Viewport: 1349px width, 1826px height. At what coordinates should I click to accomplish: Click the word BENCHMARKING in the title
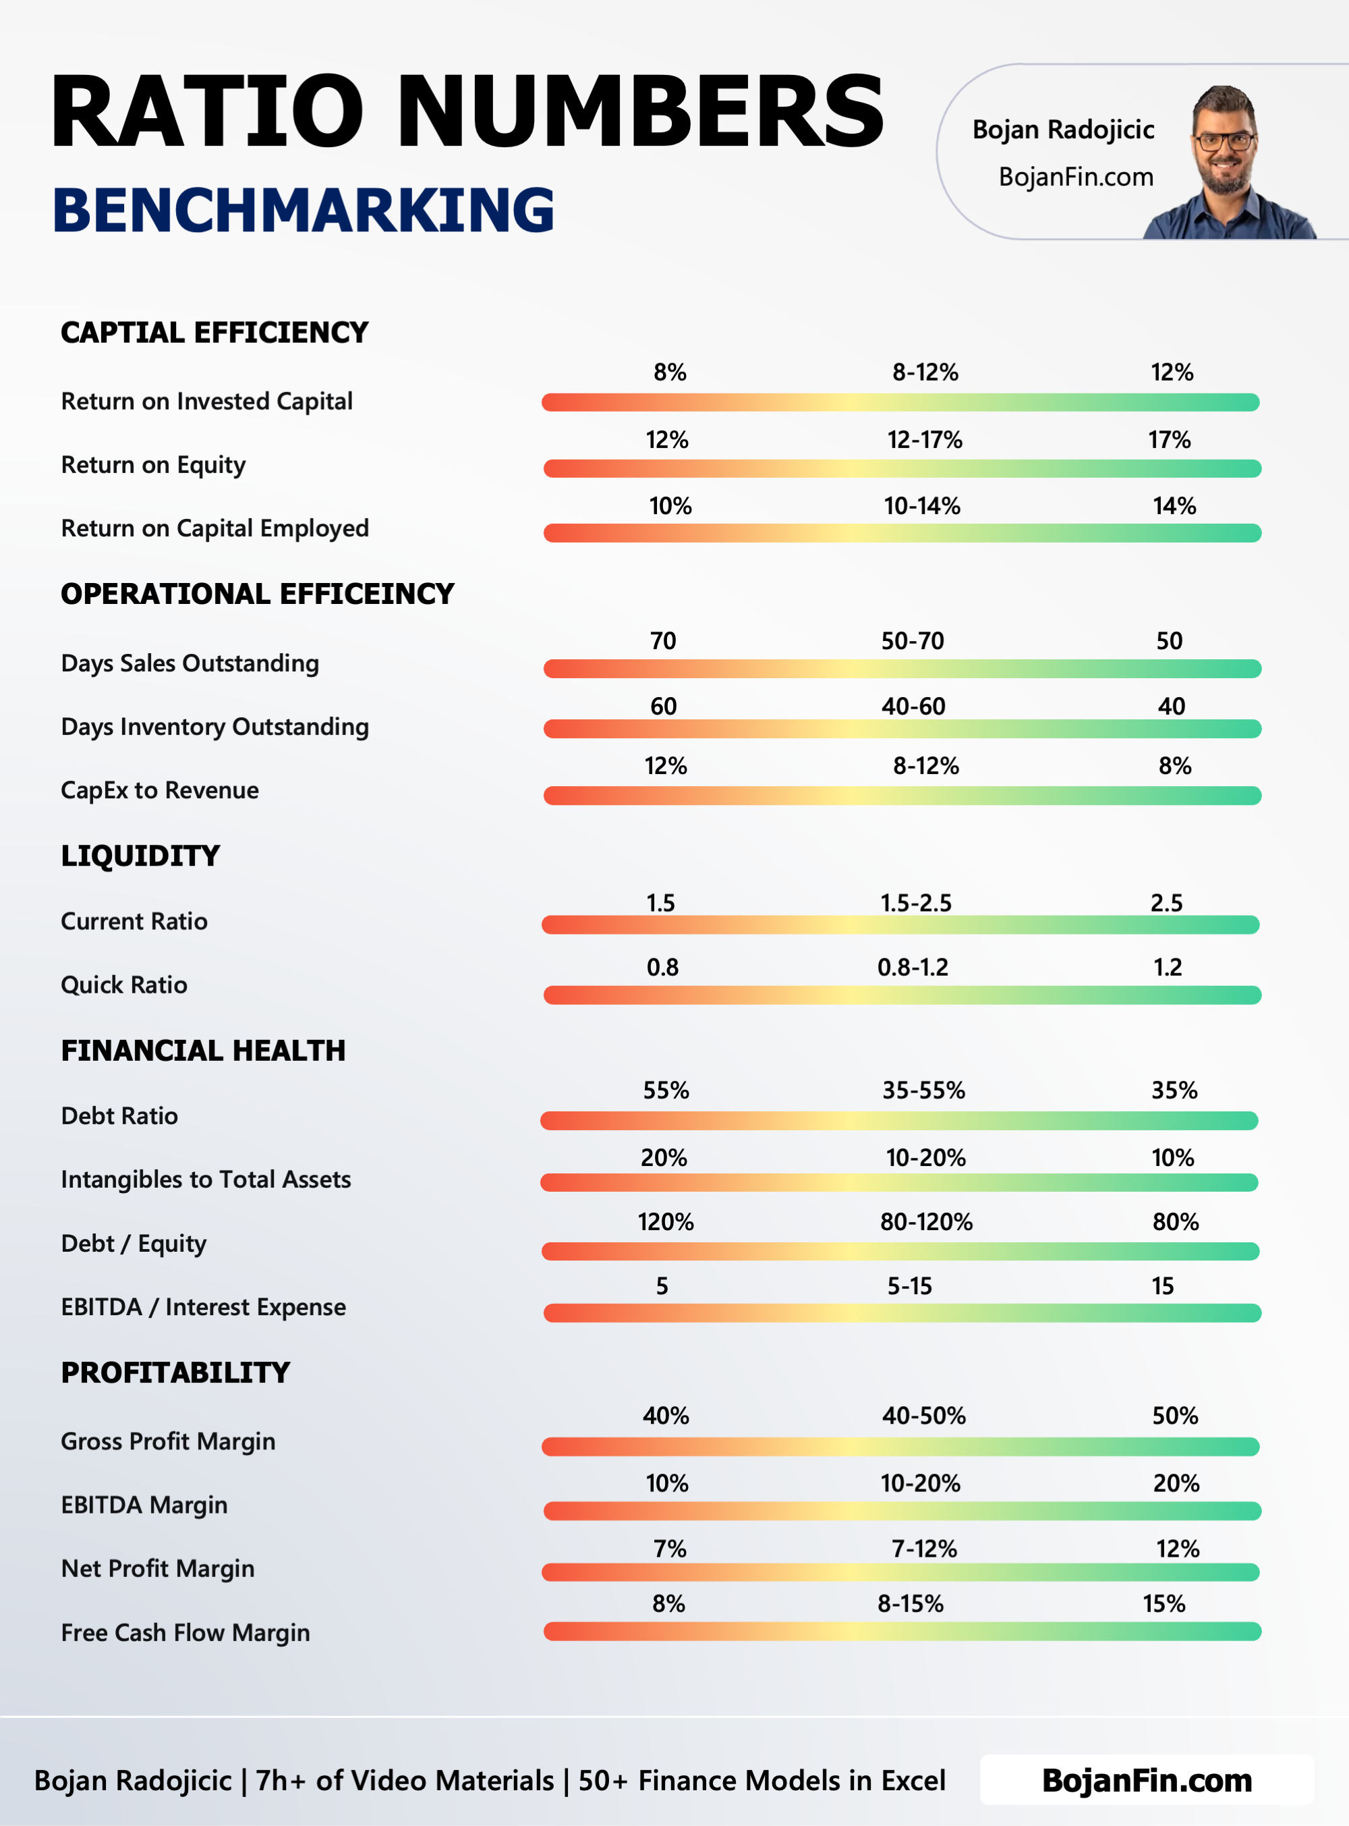click(x=303, y=210)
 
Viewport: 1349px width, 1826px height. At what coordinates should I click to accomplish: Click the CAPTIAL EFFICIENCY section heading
click(x=214, y=333)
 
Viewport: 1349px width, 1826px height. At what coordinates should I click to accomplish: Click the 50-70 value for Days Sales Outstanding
click(x=912, y=640)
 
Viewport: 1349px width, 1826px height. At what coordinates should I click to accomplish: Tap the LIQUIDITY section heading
click(x=140, y=856)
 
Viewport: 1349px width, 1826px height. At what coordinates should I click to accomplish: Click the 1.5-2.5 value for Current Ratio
click(x=915, y=903)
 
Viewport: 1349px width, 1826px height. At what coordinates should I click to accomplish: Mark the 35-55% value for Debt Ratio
click(x=923, y=1090)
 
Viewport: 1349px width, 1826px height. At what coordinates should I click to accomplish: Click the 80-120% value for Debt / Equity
click(x=926, y=1221)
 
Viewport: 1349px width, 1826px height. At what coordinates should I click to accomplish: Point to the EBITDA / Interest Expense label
click(x=203, y=1306)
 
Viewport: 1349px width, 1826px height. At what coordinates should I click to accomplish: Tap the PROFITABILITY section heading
click(x=175, y=1373)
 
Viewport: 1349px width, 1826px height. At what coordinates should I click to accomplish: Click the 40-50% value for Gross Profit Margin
click(x=923, y=1415)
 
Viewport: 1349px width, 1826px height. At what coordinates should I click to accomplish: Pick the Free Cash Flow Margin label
click(x=185, y=1632)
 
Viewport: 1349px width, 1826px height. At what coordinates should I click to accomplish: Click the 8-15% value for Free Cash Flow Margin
click(x=910, y=1603)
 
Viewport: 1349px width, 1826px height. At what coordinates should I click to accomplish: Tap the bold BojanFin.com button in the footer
click(x=1147, y=1780)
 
